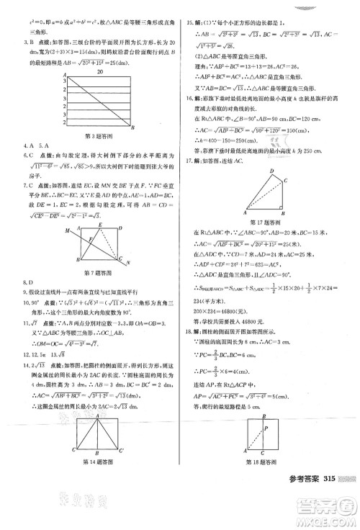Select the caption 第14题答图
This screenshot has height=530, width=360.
pos(100,480)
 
